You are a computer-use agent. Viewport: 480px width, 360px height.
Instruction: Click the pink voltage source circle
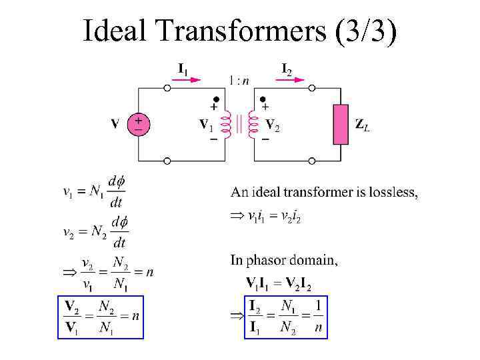(139, 123)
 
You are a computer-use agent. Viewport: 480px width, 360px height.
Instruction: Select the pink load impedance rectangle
(341, 124)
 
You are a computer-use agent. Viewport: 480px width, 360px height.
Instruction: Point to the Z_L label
(362, 125)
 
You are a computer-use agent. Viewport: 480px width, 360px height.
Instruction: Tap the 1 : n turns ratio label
(239, 81)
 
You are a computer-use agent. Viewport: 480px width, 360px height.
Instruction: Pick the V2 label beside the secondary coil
(272, 125)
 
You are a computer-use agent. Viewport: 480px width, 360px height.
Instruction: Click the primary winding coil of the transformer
(226, 125)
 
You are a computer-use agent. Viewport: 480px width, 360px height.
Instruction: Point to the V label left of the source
(115, 124)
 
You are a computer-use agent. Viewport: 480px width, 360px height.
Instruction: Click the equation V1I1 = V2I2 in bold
(279, 285)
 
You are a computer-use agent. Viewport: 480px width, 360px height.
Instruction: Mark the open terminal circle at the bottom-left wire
(167, 161)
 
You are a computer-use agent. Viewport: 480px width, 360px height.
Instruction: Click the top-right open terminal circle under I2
(311, 87)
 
